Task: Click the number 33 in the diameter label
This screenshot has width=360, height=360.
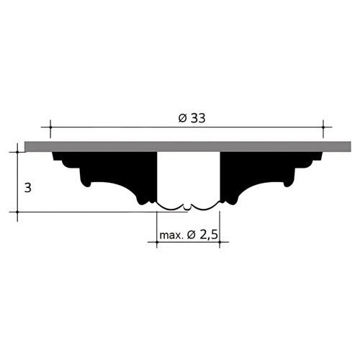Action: tap(198, 118)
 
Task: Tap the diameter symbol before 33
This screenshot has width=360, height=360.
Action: tap(183, 118)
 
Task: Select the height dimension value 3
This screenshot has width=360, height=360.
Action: tap(28, 188)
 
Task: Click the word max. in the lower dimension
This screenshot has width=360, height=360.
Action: tap(171, 235)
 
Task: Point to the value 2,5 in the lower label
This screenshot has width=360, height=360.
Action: tap(209, 235)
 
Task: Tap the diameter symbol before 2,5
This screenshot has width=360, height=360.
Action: tap(192, 235)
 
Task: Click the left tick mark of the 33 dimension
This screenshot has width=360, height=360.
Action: tap(50, 127)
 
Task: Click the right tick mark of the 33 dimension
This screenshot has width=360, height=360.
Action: tap(323, 127)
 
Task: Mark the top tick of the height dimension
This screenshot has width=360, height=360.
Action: tap(17, 152)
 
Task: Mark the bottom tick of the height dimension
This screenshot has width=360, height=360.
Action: tap(17, 212)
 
